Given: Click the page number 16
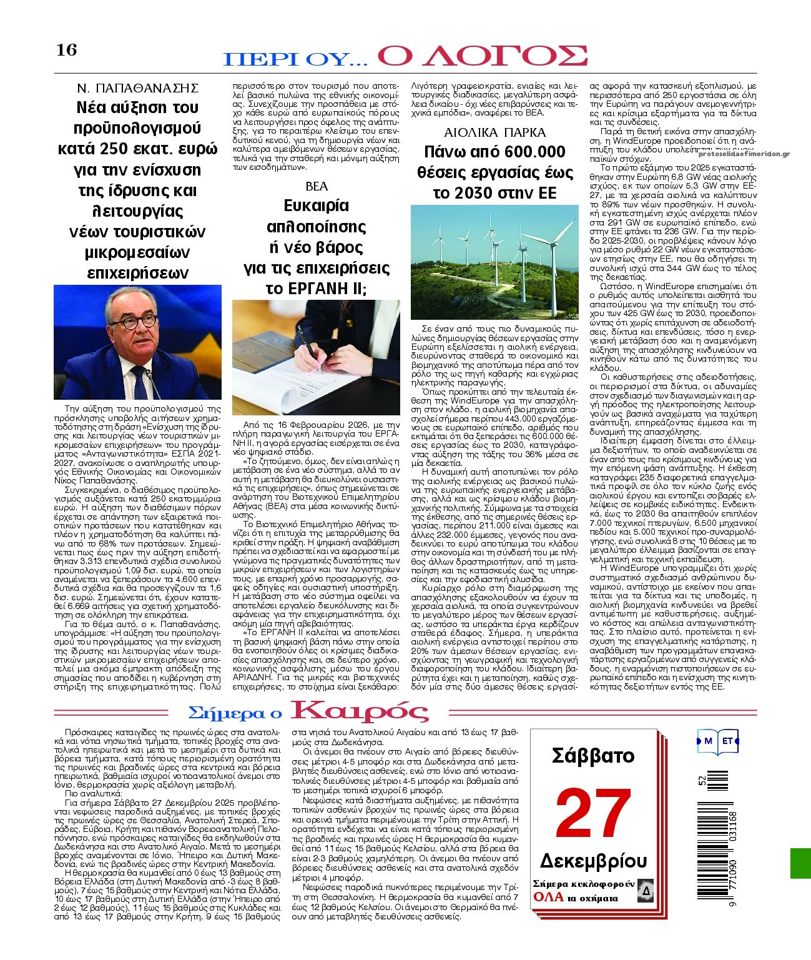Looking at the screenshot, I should pos(66,50).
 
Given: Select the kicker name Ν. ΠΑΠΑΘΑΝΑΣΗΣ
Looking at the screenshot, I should pos(137,87).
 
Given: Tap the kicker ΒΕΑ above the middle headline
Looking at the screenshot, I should pos(316,186).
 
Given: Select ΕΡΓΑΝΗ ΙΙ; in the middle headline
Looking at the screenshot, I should pos(316,289).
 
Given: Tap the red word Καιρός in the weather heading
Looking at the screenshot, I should pos(360,711).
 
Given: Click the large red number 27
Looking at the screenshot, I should pos(593,814).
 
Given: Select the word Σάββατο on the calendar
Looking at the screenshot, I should pos(593,756).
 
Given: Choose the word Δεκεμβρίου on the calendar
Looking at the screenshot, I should pos(593,861).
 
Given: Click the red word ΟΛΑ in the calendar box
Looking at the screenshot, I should pos(547,898).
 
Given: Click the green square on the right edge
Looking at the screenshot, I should pos(800,863).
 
